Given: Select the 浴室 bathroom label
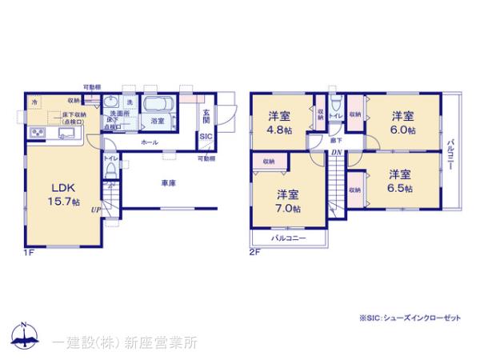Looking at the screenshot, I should tap(158, 121).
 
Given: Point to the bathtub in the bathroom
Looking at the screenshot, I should tap(157, 106).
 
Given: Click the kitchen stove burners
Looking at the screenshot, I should tap(37, 131).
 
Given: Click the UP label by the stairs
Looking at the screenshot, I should tap(95, 210).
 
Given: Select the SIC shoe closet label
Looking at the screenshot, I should tap(205, 138).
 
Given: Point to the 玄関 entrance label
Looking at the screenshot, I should tap(206, 115).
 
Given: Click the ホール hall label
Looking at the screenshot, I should tap(148, 142).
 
